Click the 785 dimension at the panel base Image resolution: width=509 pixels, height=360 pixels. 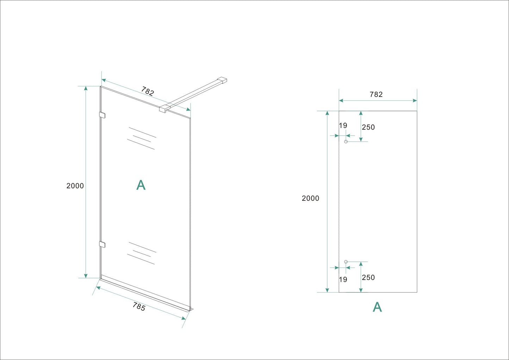[x=139, y=307]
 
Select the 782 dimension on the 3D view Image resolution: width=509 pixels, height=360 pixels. [x=148, y=91]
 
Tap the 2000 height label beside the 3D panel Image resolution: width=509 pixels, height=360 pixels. [x=75, y=186]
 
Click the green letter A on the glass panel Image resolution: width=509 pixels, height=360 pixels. [x=141, y=185]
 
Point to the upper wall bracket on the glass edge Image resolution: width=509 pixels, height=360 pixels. [x=103, y=115]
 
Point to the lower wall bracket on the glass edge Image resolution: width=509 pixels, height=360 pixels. [x=103, y=244]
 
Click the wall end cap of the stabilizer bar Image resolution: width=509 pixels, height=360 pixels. [x=222, y=80]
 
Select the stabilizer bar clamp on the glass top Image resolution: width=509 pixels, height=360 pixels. [x=164, y=108]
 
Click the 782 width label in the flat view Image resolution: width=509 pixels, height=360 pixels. [x=376, y=94]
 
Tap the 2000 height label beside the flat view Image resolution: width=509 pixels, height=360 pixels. [x=310, y=198]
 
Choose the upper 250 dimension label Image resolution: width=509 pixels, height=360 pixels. [x=368, y=127]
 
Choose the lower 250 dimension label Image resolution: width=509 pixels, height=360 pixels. [x=368, y=278]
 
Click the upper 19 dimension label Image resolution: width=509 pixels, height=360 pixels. [x=343, y=126]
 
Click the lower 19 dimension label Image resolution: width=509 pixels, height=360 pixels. [x=343, y=280]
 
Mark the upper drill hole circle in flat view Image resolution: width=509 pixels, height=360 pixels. [x=346, y=142]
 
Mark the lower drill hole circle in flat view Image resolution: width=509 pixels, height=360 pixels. [x=346, y=262]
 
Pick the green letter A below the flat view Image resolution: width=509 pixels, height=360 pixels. [x=377, y=307]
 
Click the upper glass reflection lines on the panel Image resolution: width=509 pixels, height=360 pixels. [x=142, y=138]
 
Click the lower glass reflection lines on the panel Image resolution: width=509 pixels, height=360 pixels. [x=142, y=253]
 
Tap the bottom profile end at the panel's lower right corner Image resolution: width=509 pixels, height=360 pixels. [x=190, y=309]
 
